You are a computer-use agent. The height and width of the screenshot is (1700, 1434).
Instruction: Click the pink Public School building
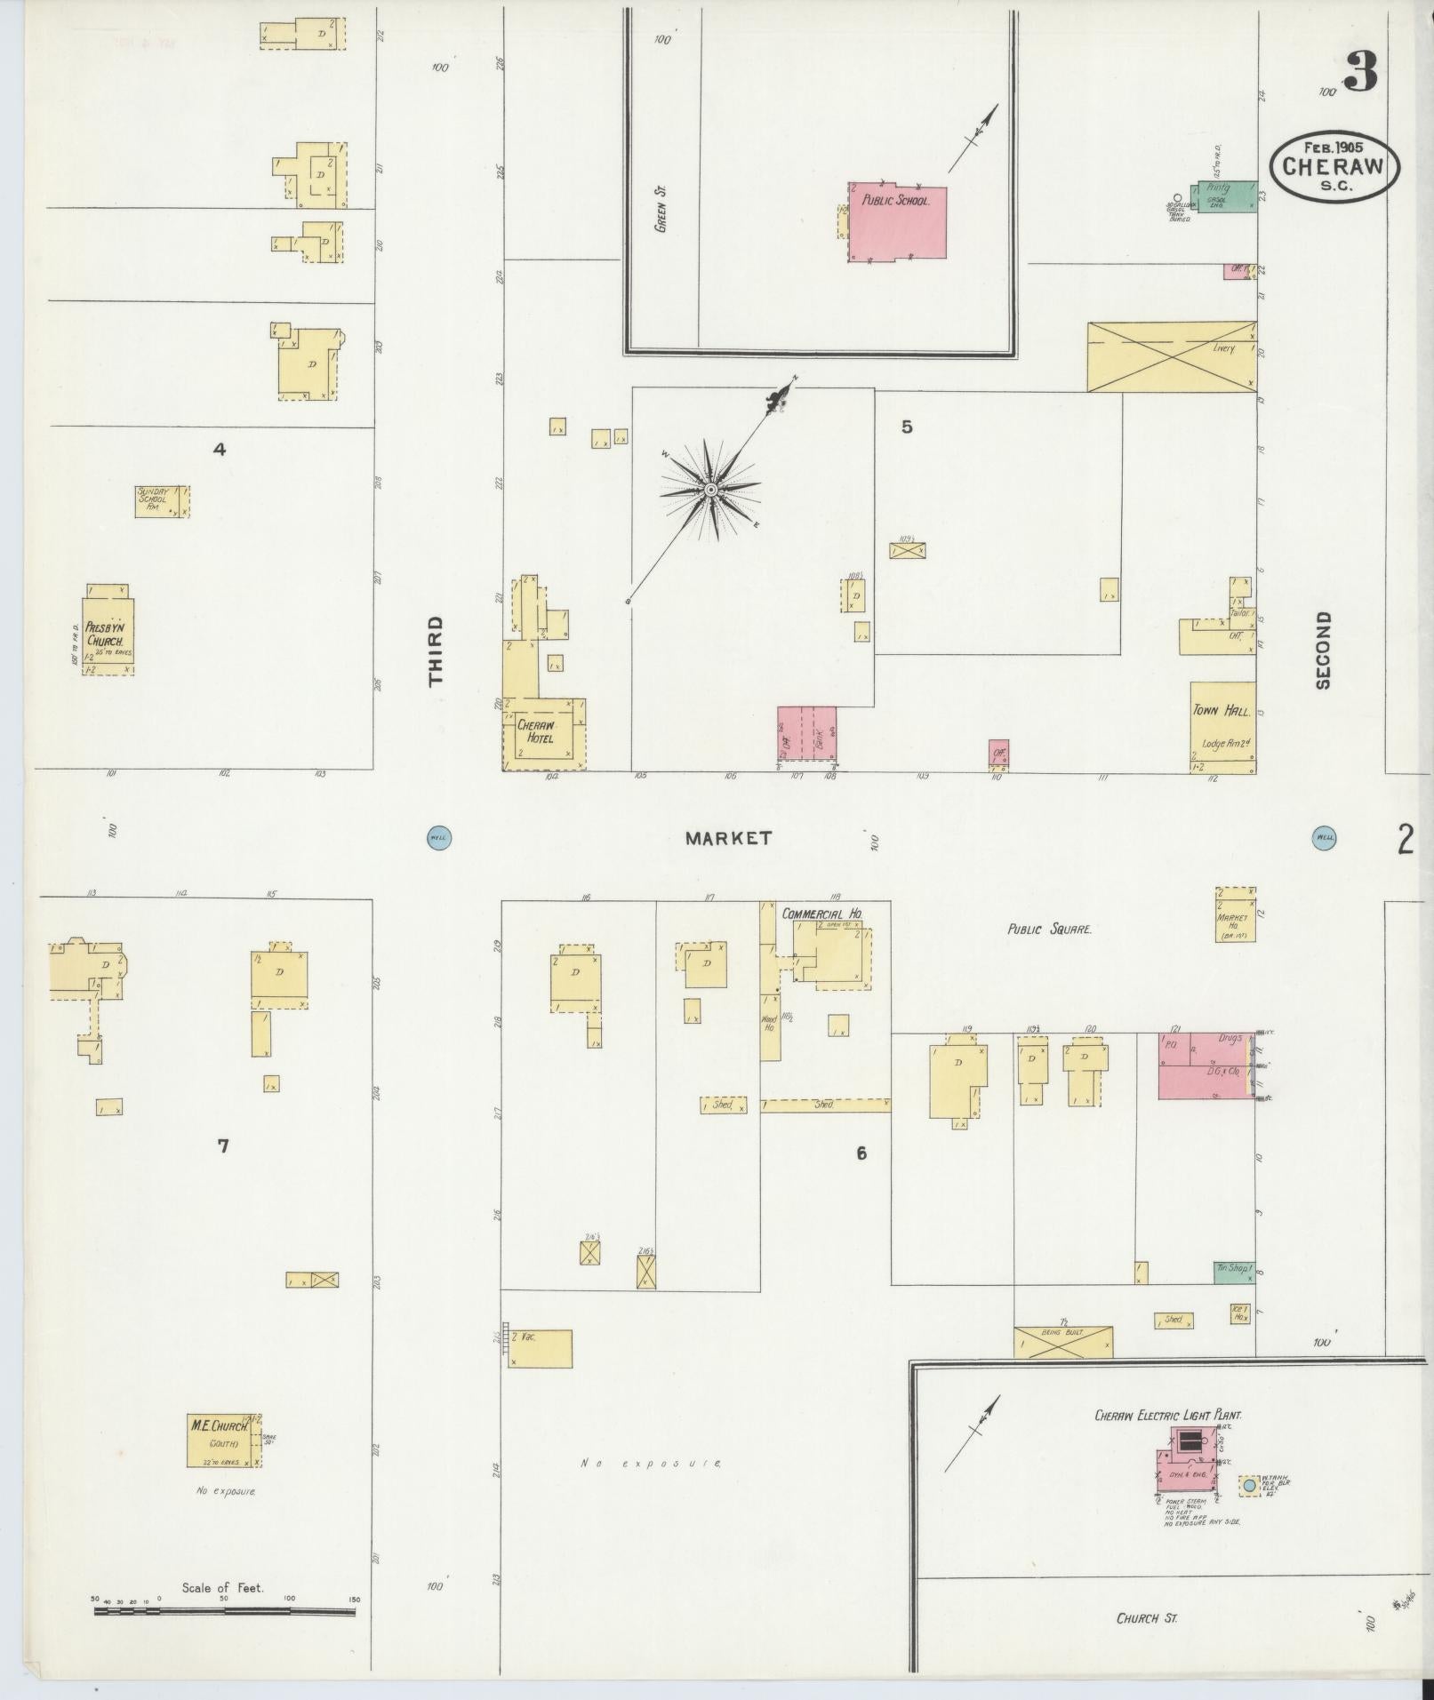(x=898, y=222)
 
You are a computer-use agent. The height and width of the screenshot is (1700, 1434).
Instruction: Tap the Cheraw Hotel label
(x=535, y=731)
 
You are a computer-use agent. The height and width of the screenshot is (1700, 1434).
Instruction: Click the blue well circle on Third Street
(x=438, y=837)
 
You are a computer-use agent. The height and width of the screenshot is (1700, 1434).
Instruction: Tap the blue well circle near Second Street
(x=1325, y=837)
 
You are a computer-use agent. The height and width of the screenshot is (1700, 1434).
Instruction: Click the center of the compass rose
(x=711, y=490)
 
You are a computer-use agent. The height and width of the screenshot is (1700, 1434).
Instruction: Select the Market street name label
(x=728, y=838)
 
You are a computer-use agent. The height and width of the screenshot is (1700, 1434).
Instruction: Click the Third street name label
(x=435, y=650)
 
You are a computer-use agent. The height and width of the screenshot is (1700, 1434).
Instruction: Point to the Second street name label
(x=1324, y=650)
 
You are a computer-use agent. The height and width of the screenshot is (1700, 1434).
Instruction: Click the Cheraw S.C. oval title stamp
(x=1334, y=166)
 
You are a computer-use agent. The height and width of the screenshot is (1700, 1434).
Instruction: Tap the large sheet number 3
(x=1359, y=72)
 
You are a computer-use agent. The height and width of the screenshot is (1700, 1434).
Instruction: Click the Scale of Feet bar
(x=224, y=1610)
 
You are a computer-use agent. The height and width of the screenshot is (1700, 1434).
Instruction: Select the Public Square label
(x=1049, y=930)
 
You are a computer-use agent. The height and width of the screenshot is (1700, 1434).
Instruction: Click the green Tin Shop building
(x=1234, y=1272)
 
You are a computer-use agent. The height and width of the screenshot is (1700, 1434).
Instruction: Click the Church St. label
(x=1147, y=1618)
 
